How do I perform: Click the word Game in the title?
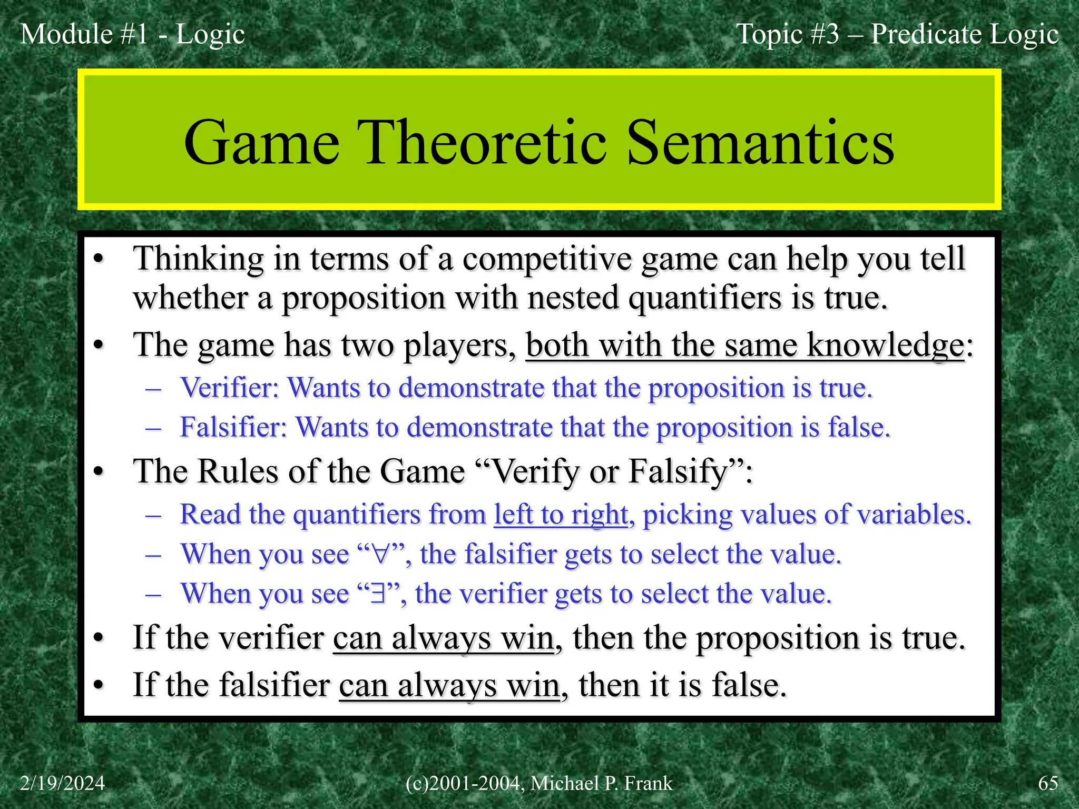262,142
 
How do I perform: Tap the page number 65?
1048,783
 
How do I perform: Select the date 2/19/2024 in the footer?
62,783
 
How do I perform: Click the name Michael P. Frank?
601,783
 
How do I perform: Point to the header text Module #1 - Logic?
132,34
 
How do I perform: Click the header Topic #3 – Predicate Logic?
897,34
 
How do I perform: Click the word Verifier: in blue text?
229,388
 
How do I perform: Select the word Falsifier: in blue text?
233,427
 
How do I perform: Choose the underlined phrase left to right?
561,515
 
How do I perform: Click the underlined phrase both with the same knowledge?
745,346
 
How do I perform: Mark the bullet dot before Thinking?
99,259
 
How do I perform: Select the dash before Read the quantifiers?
153,515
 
